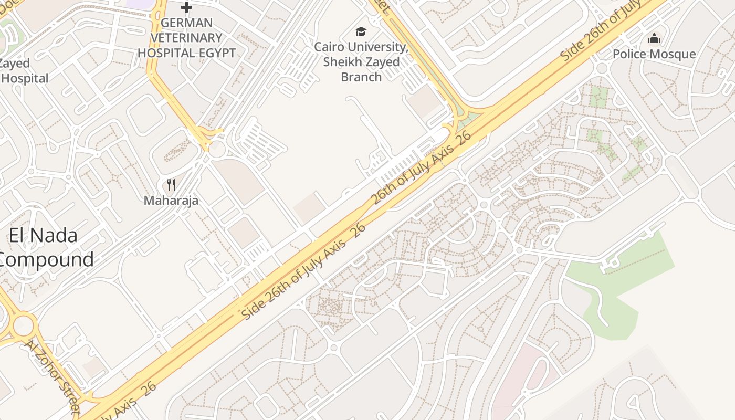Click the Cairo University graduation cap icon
[361, 32]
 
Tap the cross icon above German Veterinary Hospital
[186, 7]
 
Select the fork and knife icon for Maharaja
[171, 184]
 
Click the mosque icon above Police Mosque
[654, 38]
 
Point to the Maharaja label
[171, 200]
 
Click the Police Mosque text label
[654, 54]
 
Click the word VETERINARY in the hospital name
[186, 38]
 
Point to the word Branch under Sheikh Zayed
[361, 77]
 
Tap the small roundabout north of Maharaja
[216, 149]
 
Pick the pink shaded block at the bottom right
[517, 378]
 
